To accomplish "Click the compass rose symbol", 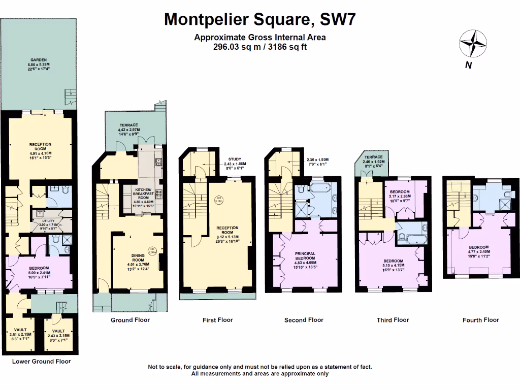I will click(472, 44).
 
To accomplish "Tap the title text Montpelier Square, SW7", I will click(260, 19).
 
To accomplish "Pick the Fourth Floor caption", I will click(480, 320).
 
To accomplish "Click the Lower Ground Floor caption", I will click(41, 362).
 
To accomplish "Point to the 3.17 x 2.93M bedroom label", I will click(403, 196).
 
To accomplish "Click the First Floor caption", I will click(217, 320).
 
